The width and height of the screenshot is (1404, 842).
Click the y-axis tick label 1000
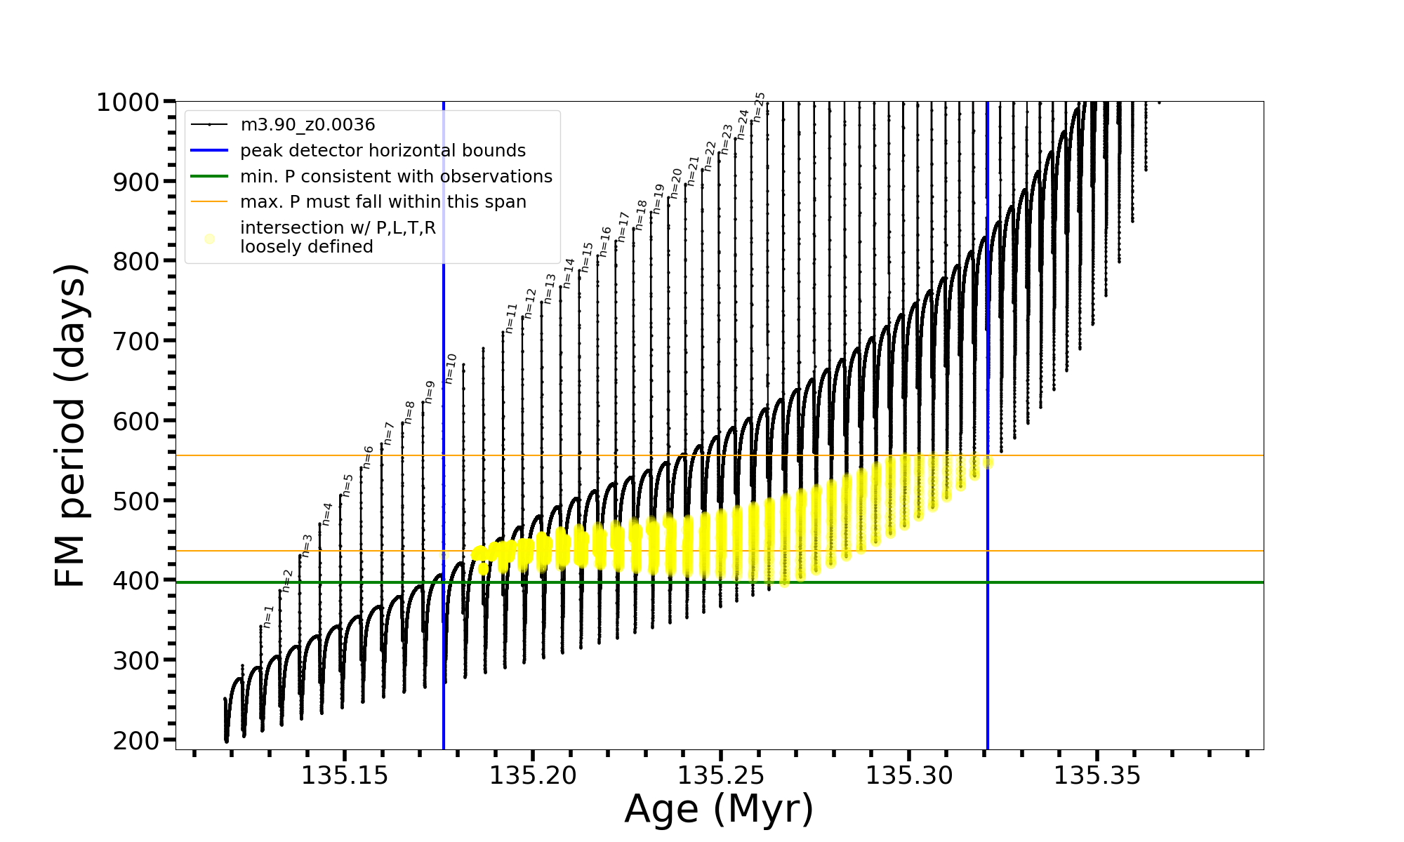[127, 102]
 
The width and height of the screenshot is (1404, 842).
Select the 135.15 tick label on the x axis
[344, 776]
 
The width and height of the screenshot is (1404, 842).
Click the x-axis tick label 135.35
[1097, 776]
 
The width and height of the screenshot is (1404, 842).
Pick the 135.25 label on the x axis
[720, 776]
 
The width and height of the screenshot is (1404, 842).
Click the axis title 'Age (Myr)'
[719, 809]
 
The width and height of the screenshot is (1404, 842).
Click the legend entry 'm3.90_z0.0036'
[307, 125]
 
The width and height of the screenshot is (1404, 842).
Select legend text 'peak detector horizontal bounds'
[383, 151]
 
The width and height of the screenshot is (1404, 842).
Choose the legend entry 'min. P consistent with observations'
[396, 177]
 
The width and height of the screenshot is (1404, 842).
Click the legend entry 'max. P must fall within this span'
[383, 202]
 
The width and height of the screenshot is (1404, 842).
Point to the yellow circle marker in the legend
[209, 239]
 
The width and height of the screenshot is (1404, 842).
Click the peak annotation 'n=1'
[267, 616]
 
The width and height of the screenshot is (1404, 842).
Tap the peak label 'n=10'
[451, 368]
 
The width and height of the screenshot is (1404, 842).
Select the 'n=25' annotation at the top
[758, 107]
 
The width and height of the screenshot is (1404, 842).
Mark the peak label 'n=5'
[347, 485]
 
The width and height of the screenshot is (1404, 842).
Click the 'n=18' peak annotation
[640, 215]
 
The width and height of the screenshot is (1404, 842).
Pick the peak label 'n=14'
[569, 273]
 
